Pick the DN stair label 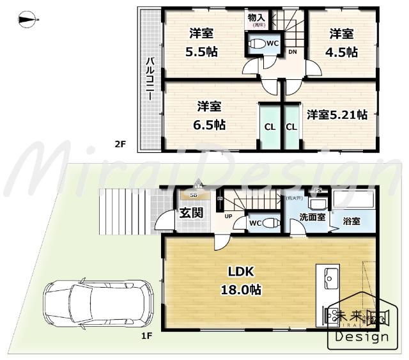[292, 52]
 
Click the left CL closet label [270, 127]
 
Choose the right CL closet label [291, 127]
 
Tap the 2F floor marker [120, 145]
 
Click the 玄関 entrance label [191, 212]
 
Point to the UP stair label [228, 216]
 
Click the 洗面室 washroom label [313, 217]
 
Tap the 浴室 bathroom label [351, 221]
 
